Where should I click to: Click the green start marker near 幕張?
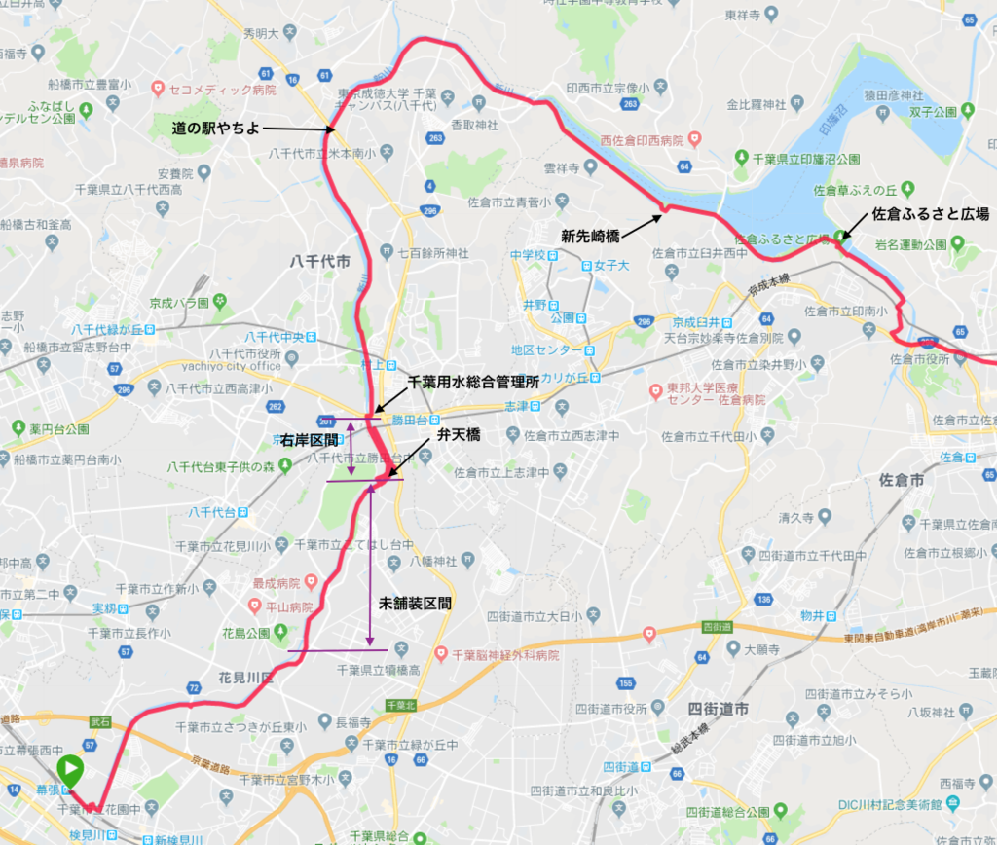pos(70,771)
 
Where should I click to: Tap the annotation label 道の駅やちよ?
pos(216,128)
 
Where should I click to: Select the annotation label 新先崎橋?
pos(589,235)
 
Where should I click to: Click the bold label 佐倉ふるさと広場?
pos(930,214)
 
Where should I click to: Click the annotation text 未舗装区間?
pos(415,604)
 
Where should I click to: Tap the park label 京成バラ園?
pos(178,303)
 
